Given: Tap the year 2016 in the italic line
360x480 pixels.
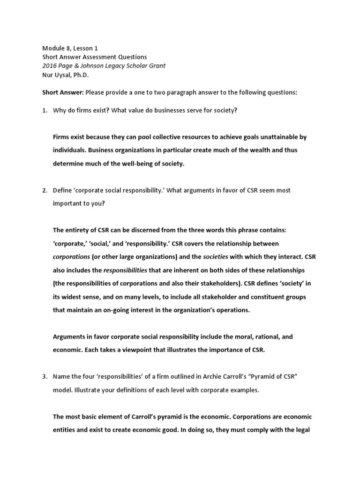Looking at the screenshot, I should [x=50, y=66].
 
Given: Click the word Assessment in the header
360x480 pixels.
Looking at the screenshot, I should [x=102, y=57].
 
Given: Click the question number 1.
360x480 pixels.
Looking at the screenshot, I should [x=45, y=110].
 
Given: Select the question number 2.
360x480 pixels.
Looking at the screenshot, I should [x=45, y=190].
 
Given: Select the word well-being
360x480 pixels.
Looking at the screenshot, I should [x=129, y=164].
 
